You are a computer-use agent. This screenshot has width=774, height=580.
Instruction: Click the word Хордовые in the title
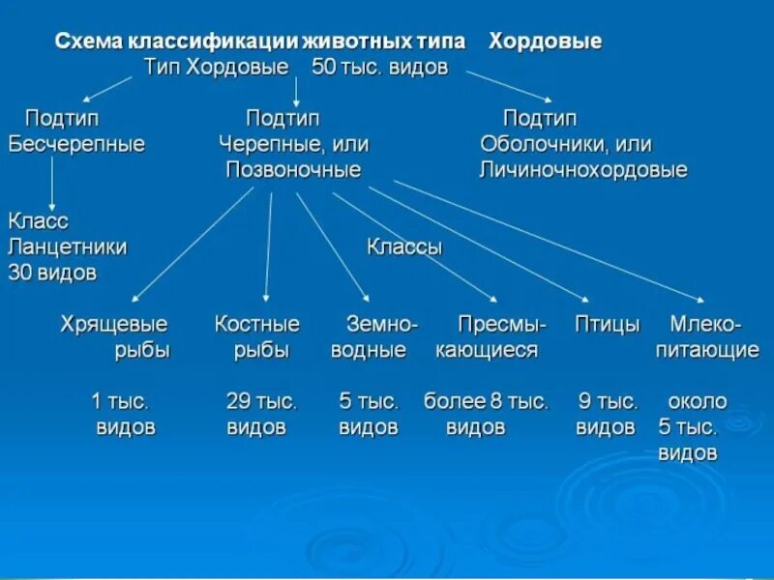tap(546, 42)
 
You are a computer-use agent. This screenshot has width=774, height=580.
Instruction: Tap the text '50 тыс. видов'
tap(380, 68)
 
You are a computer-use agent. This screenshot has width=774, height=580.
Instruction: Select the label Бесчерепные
tap(76, 145)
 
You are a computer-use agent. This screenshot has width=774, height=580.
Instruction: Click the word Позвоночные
tap(293, 170)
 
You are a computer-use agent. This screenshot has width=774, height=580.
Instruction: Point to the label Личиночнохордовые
tap(583, 170)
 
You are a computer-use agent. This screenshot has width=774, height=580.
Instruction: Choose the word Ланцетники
tap(68, 246)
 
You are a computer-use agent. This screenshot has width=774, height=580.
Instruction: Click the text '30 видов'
tap(52, 273)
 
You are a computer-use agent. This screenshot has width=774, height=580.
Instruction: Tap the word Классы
tap(404, 246)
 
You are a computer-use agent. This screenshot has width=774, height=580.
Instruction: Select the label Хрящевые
tap(114, 324)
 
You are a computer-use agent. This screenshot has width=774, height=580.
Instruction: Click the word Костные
tap(257, 324)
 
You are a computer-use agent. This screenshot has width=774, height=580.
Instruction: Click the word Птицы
tap(608, 324)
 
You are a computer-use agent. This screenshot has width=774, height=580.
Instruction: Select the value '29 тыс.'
tap(261, 401)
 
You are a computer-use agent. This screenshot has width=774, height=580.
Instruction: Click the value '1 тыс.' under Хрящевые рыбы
tap(120, 401)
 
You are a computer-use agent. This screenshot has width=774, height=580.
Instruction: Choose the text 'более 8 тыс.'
tap(486, 401)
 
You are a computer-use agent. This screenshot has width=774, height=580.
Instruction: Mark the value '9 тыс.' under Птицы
tap(609, 401)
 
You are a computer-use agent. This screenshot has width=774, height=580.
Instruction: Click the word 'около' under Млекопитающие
tap(698, 401)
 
